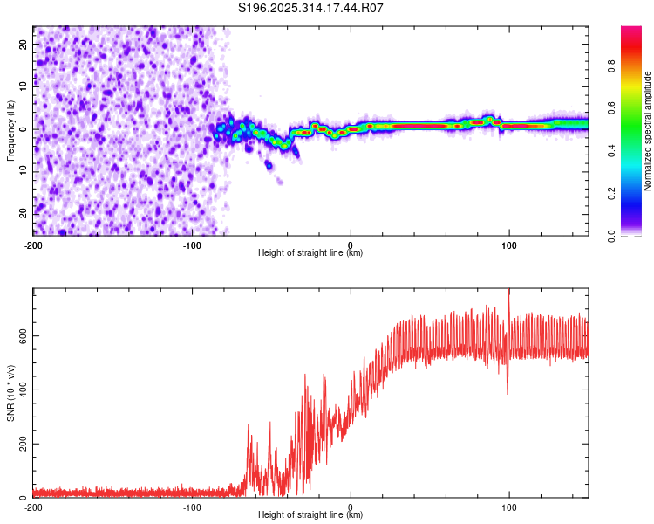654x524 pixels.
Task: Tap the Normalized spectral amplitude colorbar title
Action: tap(647, 131)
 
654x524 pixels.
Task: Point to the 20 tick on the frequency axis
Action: tap(24, 43)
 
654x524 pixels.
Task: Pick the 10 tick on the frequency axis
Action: tap(24, 86)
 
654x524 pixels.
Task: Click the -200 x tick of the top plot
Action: tap(33, 244)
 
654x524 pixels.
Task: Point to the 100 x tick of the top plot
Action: tap(509, 244)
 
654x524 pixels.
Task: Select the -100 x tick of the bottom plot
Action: tap(192, 507)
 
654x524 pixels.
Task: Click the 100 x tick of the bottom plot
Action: tap(509, 507)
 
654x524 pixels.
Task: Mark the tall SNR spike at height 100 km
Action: tap(509, 297)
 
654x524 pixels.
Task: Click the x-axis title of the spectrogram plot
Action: tap(310, 253)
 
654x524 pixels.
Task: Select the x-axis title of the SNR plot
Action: tap(310, 515)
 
